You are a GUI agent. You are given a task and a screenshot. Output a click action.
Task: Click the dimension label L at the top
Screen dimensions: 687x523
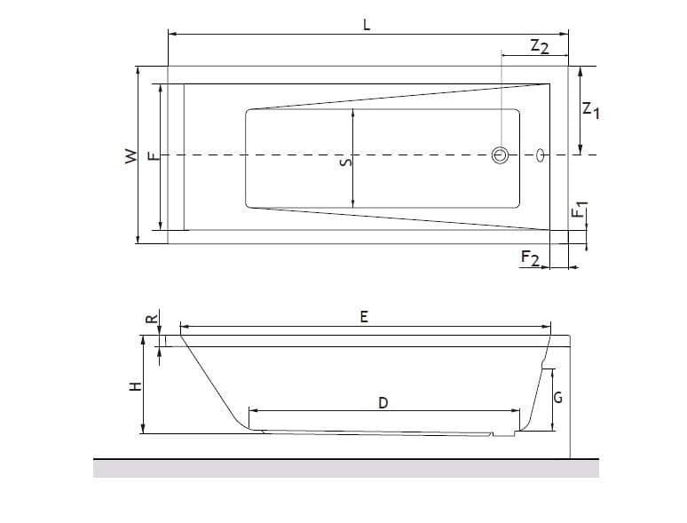pyautogui.click(x=367, y=25)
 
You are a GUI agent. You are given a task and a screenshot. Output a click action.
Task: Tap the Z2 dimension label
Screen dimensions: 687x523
pyautogui.click(x=540, y=46)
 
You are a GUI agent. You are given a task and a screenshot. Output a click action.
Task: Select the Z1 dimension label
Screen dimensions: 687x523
pyautogui.click(x=590, y=109)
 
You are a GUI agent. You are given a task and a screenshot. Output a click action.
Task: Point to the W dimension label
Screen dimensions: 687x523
pyautogui.click(x=131, y=156)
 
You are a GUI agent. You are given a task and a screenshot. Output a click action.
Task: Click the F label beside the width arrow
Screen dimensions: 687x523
pyautogui.click(x=153, y=156)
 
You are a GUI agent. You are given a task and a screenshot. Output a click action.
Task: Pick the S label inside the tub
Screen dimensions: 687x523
pyautogui.click(x=346, y=162)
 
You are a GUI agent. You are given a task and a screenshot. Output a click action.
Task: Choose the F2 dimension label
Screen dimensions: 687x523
pyautogui.click(x=530, y=258)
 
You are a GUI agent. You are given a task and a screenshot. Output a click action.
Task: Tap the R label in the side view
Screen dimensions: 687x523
pyautogui.click(x=152, y=319)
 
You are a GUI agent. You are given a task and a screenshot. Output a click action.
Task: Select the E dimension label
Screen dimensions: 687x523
pyautogui.click(x=364, y=316)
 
